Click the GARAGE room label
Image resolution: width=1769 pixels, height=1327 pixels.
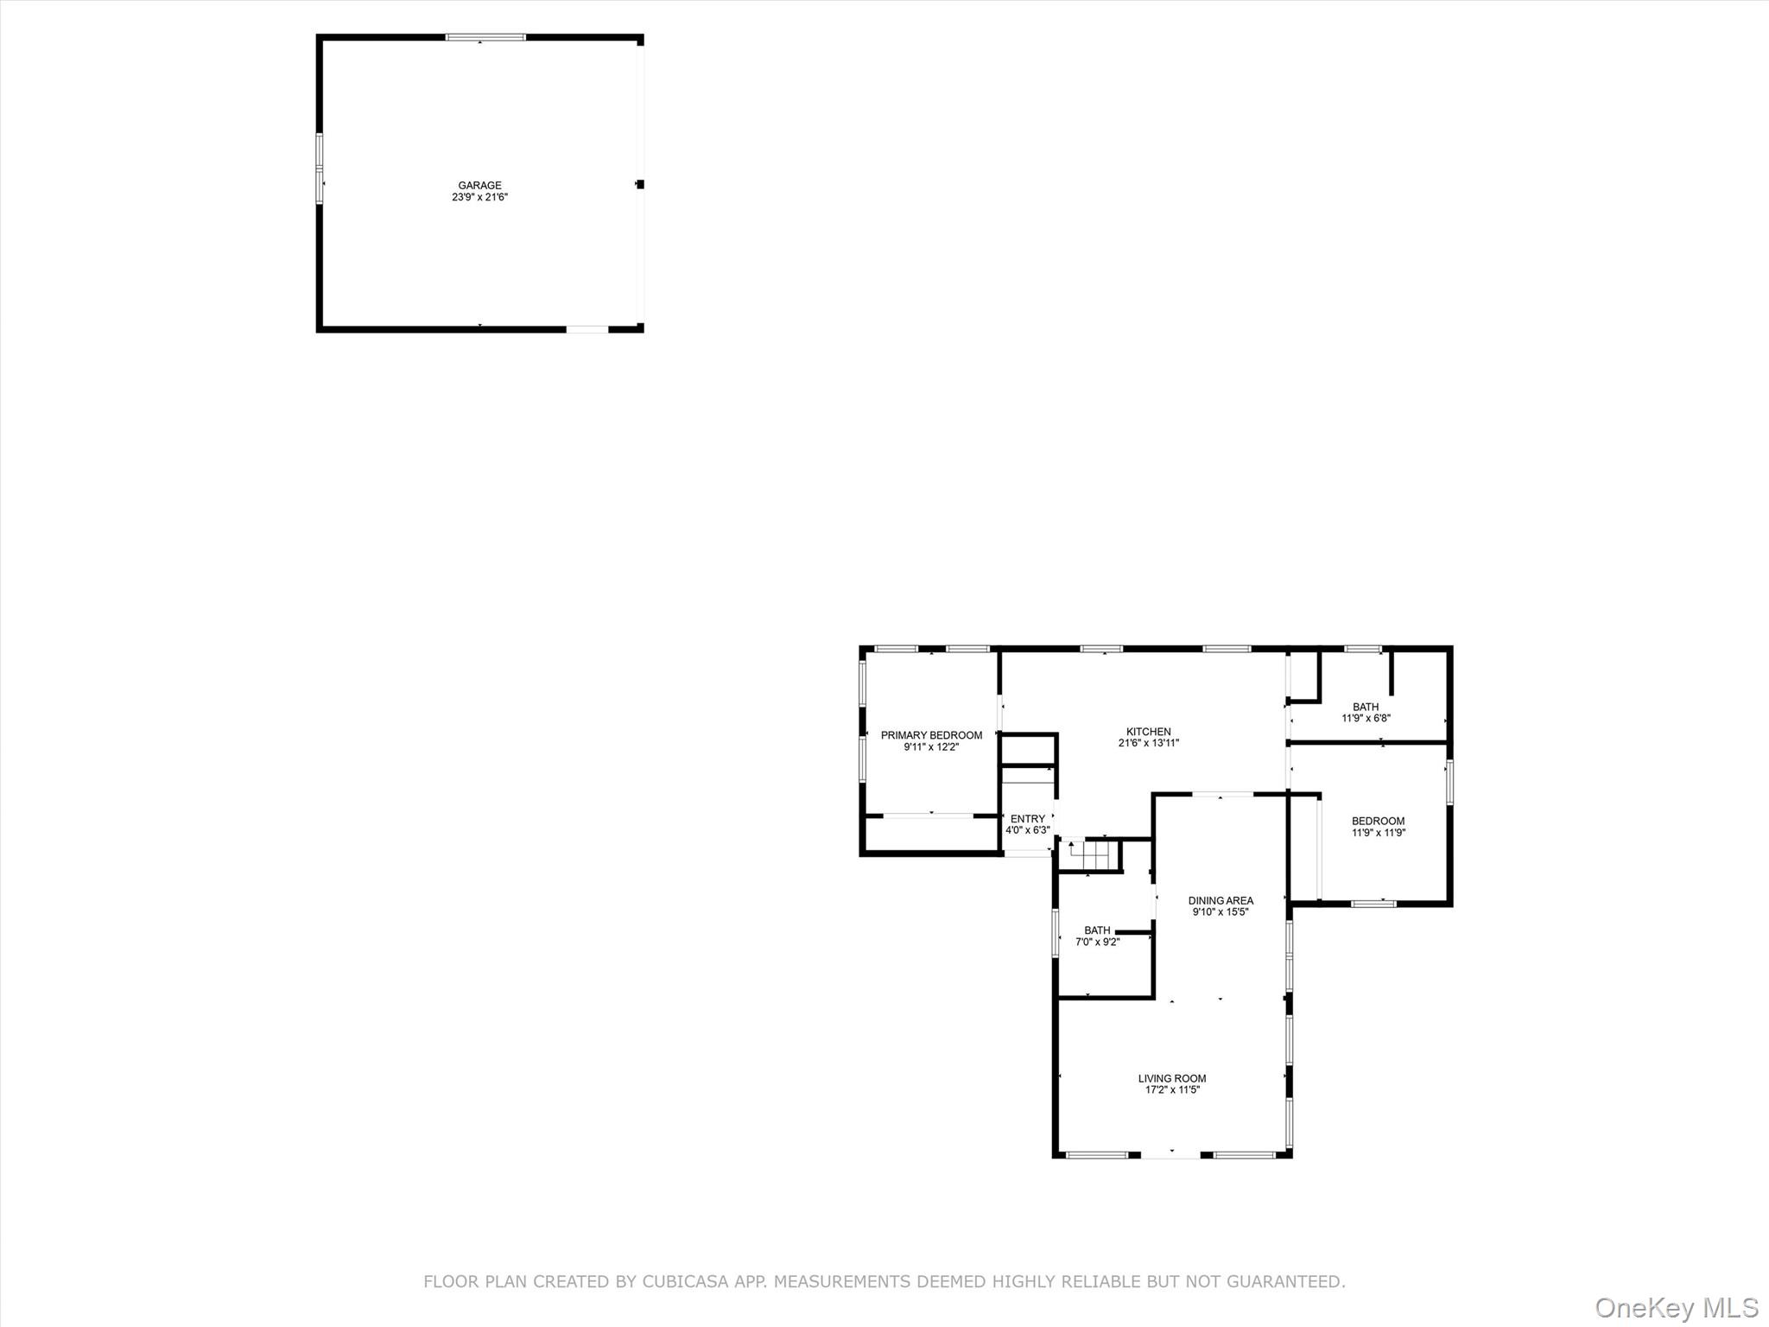[x=479, y=186]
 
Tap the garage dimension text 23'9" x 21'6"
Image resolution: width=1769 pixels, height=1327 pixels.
[x=479, y=197]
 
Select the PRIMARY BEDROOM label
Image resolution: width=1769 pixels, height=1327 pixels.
[x=931, y=735]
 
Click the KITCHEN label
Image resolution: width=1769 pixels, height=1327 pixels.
[x=1148, y=732]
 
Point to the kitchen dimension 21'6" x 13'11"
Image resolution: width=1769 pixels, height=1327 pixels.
[x=1148, y=743]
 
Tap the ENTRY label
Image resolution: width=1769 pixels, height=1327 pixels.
[x=1027, y=819]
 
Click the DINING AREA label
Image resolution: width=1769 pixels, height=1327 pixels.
[x=1221, y=900]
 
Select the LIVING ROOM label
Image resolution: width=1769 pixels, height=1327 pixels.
[x=1172, y=1078]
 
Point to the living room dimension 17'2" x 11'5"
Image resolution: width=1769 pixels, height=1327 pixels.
[x=1172, y=1090]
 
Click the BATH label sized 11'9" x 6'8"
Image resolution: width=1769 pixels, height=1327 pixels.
[x=1366, y=707]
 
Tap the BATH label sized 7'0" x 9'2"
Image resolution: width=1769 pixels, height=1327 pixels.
[x=1097, y=930]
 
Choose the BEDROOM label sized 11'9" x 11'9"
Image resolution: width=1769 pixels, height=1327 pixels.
[x=1378, y=822]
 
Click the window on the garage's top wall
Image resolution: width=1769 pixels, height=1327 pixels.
[x=485, y=37]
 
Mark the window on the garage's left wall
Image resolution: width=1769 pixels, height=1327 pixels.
[x=320, y=168]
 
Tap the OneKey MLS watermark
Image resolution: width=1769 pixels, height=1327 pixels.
[x=1677, y=1307]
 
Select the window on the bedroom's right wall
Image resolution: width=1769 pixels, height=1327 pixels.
[x=1449, y=782]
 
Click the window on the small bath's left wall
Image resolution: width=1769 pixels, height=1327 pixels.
[x=1056, y=933]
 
